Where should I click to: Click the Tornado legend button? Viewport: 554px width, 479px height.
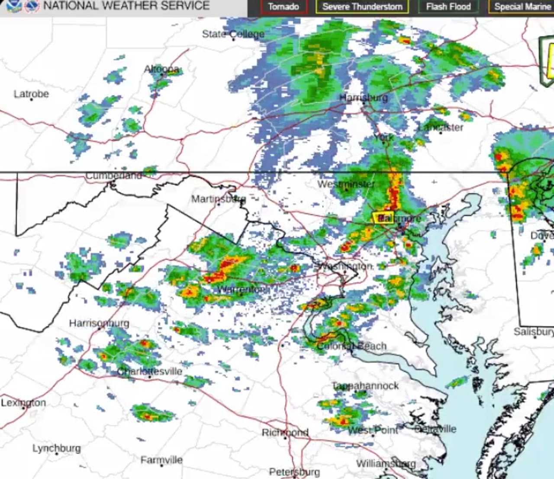point(283,7)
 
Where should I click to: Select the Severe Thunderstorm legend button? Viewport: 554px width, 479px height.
point(362,7)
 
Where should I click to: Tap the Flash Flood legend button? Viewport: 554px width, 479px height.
point(448,7)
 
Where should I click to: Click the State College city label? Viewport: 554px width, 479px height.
point(233,34)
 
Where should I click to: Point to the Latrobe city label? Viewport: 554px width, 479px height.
point(31,94)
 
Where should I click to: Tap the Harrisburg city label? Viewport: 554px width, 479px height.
point(364,98)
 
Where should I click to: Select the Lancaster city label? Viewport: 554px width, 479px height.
point(441,127)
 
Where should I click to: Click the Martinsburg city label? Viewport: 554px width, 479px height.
point(219,199)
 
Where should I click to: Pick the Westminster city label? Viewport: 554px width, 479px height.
point(346,184)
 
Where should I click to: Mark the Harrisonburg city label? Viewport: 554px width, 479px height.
point(99,323)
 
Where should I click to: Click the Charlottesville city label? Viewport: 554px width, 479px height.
point(150,371)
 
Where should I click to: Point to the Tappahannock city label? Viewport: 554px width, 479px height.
point(366,386)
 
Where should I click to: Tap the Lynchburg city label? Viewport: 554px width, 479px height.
point(57,448)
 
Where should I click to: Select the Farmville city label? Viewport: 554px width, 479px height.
point(161,460)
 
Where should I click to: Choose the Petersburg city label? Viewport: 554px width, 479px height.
point(295,472)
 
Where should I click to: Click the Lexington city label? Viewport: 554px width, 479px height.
point(23,403)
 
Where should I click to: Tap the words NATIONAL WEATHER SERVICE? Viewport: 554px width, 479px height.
point(126,6)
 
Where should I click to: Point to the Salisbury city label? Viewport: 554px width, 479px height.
point(534,332)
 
